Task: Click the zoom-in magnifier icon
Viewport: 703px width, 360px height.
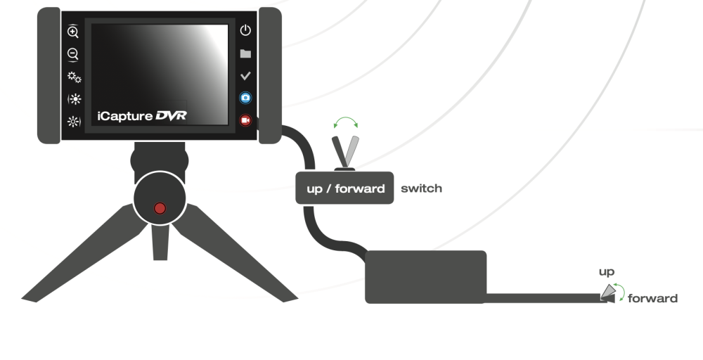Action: tap(72, 31)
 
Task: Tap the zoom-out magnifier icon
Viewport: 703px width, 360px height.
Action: tap(72, 53)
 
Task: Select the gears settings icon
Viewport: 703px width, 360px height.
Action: tap(73, 77)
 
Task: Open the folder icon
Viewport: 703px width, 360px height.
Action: tap(245, 53)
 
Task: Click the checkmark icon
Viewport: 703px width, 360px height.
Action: tap(245, 76)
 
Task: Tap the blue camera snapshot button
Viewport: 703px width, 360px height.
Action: tap(245, 98)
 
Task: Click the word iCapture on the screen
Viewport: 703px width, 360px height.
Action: tap(124, 116)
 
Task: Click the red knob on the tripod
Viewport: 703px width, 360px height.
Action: tap(160, 208)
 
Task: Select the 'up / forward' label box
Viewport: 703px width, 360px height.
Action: tap(344, 188)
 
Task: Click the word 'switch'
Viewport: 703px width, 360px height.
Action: tap(421, 188)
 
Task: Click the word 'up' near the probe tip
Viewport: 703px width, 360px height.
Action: tap(607, 271)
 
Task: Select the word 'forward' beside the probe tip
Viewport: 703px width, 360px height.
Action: tap(652, 298)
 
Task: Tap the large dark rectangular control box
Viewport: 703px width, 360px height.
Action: tap(425, 277)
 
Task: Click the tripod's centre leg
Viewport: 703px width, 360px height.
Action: tap(160, 243)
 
